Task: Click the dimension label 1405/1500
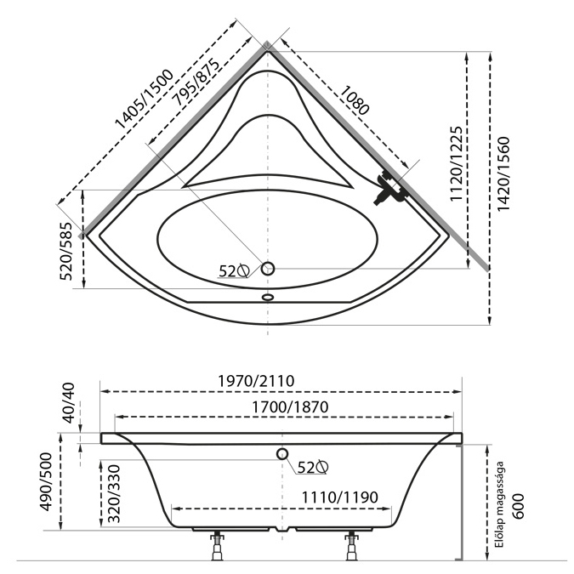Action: pyautogui.click(x=144, y=99)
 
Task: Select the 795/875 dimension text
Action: pyautogui.click(x=197, y=82)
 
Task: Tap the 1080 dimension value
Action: pyautogui.click(x=355, y=100)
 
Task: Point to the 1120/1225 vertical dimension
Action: pyautogui.click(x=456, y=163)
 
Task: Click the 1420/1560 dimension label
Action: pyautogui.click(x=503, y=173)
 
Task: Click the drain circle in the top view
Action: pyautogui.click(x=268, y=269)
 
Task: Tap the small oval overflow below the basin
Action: pyautogui.click(x=268, y=297)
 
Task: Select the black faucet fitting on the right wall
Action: pyautogui.click(x=389, y=187)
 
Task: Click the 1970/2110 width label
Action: pyautogui.click(x=256, y=381)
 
